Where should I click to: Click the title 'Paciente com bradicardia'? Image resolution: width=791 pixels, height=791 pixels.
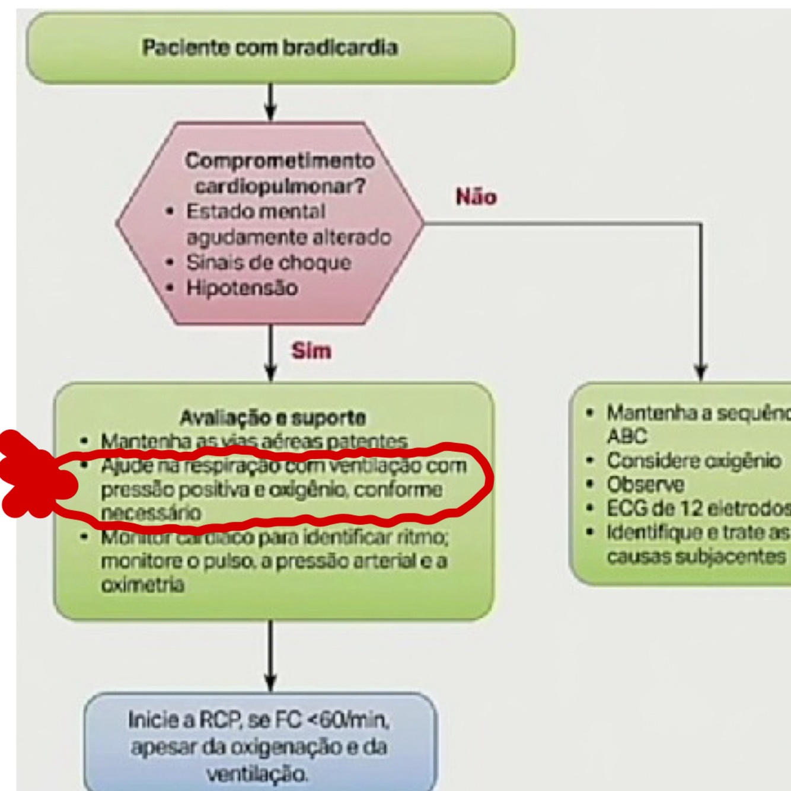270,47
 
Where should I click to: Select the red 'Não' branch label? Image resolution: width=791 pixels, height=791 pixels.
476,197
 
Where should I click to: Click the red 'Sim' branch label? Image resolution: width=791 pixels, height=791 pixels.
311,351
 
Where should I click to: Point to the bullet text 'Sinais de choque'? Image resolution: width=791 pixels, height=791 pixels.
269,262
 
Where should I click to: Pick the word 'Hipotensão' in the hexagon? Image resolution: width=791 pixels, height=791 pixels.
242,288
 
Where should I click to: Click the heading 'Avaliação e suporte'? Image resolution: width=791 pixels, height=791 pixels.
273,417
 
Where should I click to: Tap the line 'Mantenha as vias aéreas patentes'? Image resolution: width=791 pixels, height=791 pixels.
254,441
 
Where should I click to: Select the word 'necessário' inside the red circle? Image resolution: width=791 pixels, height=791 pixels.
151,513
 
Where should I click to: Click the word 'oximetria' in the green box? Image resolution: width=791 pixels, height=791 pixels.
143,585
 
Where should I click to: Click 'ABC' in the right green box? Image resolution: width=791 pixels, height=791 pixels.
627,436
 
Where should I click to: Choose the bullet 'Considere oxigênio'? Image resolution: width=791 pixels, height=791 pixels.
693,461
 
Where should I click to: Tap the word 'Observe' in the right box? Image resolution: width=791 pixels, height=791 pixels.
645,484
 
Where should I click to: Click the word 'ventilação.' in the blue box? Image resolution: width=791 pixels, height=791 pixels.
257,773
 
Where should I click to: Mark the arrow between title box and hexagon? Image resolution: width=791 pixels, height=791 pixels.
270,102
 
